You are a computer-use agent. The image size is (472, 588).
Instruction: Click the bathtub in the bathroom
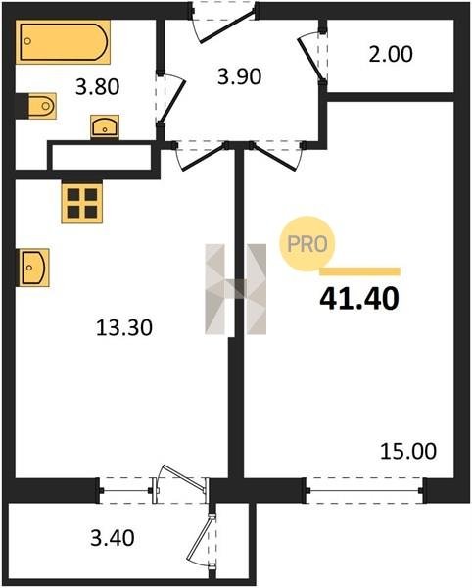pyautogui.click(x=63, y=42)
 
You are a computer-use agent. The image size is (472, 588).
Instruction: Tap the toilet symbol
pyautogui.click(x=42, y=106)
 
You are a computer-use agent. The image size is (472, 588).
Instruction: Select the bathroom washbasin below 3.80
pyautogui.click(x=105, y=126)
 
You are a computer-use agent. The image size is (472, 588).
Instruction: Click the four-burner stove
pyautogui.click(x=82, y=204)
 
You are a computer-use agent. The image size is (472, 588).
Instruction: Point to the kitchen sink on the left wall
pyautogui.click(x=34, y=268)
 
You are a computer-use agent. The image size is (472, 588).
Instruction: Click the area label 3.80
pyautogui.click(x=97, y=86)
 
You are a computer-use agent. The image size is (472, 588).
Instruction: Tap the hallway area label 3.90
pyautogui.click(x=239, y=76)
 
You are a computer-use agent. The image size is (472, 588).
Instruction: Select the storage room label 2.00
pyautogui.click(x=391, y=54)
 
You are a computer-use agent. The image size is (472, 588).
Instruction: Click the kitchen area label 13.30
pyautogui.click(x=124, y=327)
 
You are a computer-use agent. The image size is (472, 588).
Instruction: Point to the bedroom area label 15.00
pyautogui.click(x=408, y=451)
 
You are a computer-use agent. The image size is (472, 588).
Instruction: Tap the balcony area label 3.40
pyautogui.click(x=113, y=538)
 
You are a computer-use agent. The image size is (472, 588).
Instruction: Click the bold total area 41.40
pyautogui.click(x=359, y=299)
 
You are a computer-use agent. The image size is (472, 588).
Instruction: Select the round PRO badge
pyautogui.click(x=307, y=244)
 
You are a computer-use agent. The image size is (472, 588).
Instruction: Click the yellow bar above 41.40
pyautogui.click(x=360, y=271)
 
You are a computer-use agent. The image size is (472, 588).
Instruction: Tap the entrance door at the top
pyautogui.click(x=223, y=22)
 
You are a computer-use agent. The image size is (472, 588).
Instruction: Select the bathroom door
pyautogui.click(x=170, y=99)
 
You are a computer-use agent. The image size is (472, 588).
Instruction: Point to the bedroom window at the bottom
pyautogui.click(x=364, y=490)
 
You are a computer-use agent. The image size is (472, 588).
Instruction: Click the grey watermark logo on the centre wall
pyautogui.click(x=236, y=289)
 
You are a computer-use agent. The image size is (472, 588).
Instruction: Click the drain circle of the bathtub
pyautogui.click(x=27, y=41)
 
